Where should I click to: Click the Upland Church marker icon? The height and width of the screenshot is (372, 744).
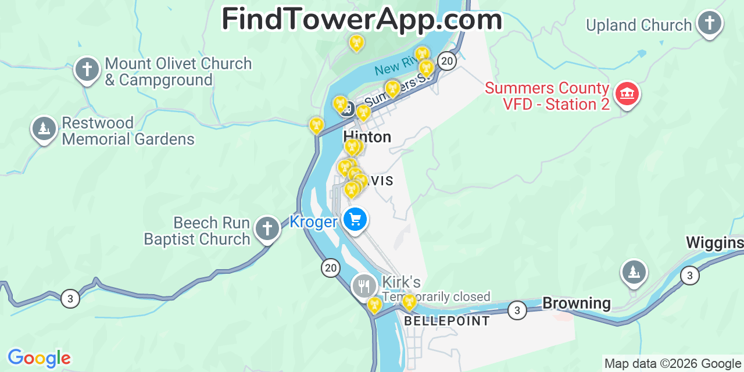coord(709,23)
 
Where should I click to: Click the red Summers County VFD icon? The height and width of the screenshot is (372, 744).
coord(627,94)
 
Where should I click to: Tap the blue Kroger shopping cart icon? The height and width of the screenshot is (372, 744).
coord(355,220)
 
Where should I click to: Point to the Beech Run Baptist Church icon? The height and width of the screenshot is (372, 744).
coord(267,228)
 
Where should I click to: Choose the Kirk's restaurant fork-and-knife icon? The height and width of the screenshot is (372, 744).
coord(364,286)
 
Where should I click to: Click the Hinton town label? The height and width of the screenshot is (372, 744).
coord(367,137)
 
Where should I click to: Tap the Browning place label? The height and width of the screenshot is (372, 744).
coord(576,303)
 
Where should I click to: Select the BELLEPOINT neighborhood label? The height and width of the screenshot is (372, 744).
coord(447,321)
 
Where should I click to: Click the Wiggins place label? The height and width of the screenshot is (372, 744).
coord(714,242)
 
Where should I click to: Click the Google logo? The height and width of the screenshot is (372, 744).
coord(38,358)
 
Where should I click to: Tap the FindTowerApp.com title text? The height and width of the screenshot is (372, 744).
coord(362,20)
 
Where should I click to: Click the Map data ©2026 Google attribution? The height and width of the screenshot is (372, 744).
coord(673,364)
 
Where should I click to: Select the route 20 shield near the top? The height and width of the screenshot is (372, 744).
coord(446,60)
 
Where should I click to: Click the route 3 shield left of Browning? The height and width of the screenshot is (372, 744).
coord(517,310)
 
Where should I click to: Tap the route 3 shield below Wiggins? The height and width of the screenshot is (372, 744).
coord(689,274)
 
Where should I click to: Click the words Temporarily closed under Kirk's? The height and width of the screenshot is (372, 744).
coord(437,297)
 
